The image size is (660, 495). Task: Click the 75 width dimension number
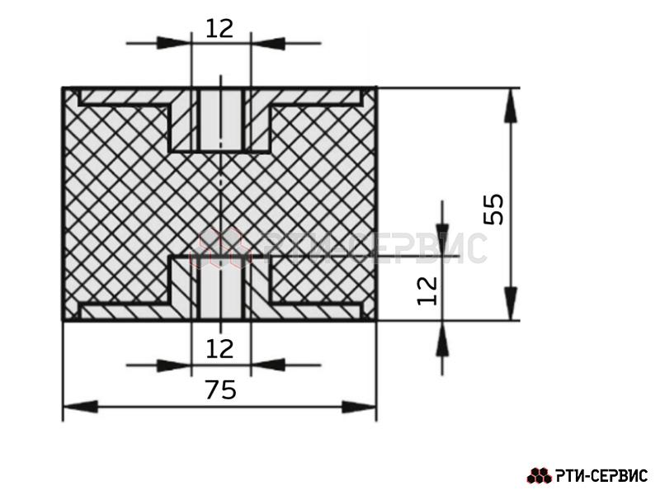(x=221, y=389)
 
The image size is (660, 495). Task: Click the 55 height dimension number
(x=493, y=210)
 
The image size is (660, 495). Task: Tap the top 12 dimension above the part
(x=219, y=29)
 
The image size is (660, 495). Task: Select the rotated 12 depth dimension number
(x=427, y=290)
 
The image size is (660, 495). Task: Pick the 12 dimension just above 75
(x=219, y=349)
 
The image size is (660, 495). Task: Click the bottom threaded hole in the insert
(x=220, y=288)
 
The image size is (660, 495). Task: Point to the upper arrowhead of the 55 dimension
(x=511, y=106)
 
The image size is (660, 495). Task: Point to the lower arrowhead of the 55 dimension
(x=511, y=303)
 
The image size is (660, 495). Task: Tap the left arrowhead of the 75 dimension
(x=80, y=407)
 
